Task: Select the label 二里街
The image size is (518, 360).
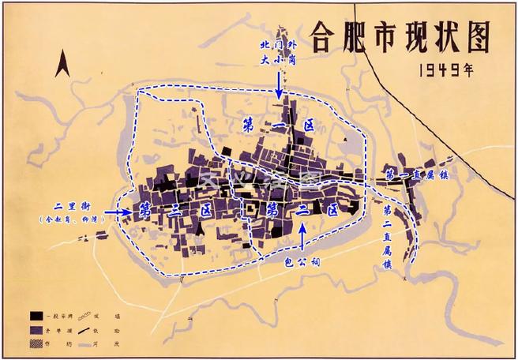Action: [67, 202]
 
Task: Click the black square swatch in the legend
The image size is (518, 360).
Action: [35, 311]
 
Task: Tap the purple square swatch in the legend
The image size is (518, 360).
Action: [35, 326]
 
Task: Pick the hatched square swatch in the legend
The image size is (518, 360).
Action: [35, 341]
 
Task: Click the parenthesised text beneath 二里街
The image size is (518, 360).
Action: [67, 217]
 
